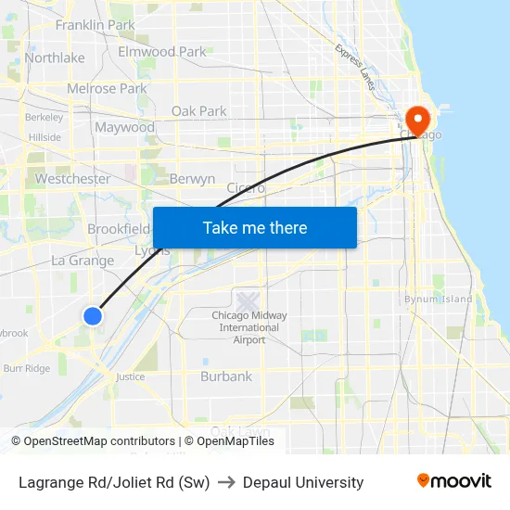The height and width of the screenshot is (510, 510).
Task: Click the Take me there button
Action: [255, 227]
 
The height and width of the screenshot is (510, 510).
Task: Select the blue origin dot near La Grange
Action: [93, 316]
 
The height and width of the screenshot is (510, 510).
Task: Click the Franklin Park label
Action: [95, 25]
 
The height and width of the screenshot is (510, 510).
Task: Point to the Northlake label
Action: [55, 57]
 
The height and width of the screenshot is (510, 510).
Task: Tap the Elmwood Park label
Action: [162, 52]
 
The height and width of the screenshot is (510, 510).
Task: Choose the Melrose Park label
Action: [107, 89]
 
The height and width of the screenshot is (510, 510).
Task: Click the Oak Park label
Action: [198, 111]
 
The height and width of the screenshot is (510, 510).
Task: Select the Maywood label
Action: [124, 127]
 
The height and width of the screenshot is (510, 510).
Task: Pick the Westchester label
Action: [72, 178]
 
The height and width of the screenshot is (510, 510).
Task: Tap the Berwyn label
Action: [192, 179]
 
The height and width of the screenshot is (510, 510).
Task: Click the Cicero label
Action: [246, 187]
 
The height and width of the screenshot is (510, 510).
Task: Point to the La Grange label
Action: [83, 261]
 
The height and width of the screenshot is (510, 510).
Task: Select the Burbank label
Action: [226, 376]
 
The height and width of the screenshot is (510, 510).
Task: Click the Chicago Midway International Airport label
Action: [249, 327]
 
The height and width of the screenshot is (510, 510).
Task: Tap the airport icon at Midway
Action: [247, 301]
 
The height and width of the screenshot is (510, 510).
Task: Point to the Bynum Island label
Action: [438, 300]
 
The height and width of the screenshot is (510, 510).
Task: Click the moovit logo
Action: [454, 481]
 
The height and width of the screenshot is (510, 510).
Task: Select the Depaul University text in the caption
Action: [304, 482]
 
